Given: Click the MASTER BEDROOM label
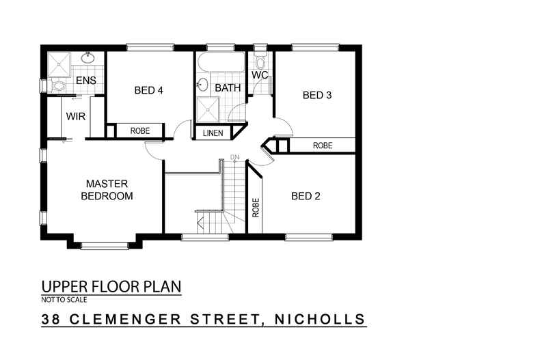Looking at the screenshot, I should (x=106, y=189).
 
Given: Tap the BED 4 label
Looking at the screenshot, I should (x=148, y=90).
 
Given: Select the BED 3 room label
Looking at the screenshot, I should (x=317, y=96).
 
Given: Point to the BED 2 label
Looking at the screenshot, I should (x=306, y=196).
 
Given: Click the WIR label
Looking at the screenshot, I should (x=75, y=116).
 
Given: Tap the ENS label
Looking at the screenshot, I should (x=85, y=81).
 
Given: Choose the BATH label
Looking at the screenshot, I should (x=227, y=88).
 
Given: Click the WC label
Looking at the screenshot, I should (x=259, y=74).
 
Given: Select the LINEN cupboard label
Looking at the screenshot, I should (x=213, y=133).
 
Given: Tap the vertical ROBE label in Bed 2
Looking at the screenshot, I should (x=256, y=207).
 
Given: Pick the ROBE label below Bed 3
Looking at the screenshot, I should (x=323, y=146).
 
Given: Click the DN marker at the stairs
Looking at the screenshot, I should (x=234, y=158).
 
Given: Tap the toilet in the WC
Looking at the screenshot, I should (x=260, y=57).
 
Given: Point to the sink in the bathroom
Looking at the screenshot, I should (x=202, y=85).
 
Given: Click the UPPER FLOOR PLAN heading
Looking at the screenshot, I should (x=111, y=286).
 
